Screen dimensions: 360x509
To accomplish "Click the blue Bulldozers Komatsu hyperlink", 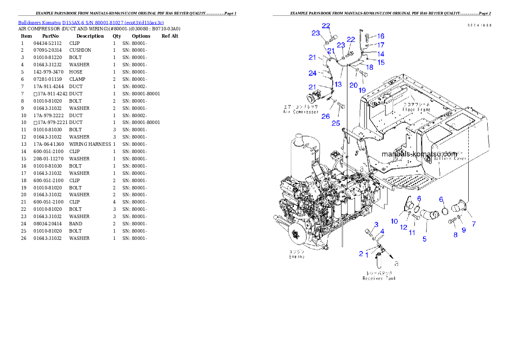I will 91,23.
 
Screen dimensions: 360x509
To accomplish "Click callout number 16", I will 381,36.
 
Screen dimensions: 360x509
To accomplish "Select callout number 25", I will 336,124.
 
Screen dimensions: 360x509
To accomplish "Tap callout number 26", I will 326,116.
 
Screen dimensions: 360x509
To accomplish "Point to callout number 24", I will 313,73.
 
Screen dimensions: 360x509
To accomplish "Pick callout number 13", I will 338,84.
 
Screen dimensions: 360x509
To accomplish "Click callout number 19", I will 362,90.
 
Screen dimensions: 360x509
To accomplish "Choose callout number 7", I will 473,224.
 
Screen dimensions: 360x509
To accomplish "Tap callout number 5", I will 424,239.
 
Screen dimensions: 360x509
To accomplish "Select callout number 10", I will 394,221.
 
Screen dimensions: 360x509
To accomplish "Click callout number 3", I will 376,224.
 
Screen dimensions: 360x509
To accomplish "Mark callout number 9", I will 463,230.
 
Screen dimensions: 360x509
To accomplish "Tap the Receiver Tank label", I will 379,278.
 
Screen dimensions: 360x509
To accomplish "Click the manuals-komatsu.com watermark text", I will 419,153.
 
